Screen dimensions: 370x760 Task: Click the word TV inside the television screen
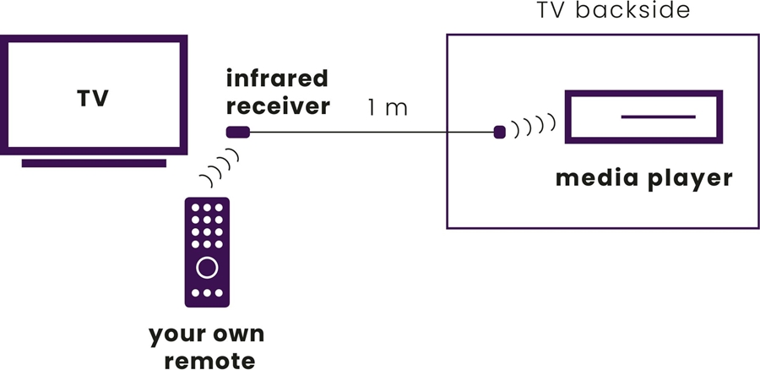(92, 100)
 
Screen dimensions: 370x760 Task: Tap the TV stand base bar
(94, 162)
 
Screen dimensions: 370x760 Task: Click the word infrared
(276, 79)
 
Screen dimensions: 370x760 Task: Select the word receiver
(276, 107)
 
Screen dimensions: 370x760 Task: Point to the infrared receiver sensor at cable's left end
(237, 132)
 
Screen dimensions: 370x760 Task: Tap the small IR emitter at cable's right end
(499, 132)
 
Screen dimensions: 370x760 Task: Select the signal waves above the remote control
(220, 167)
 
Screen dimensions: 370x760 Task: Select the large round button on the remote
(207, 268)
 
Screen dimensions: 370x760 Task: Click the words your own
(207, 335)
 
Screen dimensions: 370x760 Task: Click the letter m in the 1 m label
(397, 109)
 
